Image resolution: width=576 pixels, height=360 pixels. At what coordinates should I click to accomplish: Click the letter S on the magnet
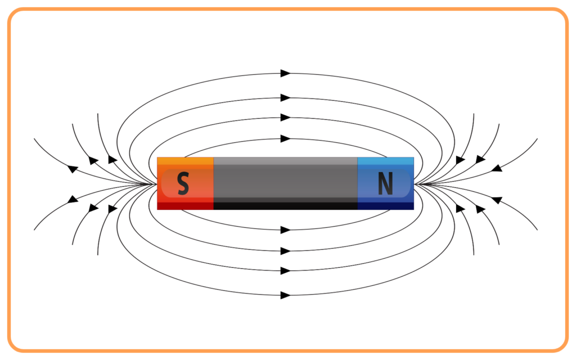pos(183,183)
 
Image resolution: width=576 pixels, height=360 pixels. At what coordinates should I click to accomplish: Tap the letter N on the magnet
pos(385,183)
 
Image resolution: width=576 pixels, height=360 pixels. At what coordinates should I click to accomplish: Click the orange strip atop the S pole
pos(185,161)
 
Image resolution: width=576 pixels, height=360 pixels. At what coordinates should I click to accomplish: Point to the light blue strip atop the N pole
pos(385,161)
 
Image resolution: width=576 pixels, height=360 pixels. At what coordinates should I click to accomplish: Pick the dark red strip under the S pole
pos(185,206)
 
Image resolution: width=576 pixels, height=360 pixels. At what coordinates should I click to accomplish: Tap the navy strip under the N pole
pos(385,206)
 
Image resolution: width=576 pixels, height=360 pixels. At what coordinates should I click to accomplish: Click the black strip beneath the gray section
pos(285,206)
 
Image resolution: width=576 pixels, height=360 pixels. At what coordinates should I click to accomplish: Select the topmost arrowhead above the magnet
pos(285,73)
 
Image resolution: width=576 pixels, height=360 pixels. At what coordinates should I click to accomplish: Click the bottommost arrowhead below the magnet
pos(285,295)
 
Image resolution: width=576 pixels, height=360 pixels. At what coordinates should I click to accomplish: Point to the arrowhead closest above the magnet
pos(285,138)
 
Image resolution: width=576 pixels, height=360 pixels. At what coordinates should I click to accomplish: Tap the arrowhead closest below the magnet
pos(285,230)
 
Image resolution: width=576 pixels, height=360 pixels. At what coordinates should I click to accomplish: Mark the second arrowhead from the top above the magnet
pos(285,98)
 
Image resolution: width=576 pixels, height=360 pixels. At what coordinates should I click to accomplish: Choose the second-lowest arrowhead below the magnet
pos(285,271)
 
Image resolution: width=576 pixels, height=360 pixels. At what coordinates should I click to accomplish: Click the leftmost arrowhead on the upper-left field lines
pos(73,169)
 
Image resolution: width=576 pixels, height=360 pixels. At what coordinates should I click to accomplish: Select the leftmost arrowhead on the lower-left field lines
pos(73,200)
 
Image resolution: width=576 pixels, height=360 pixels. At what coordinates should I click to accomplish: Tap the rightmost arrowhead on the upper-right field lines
pos(497,168)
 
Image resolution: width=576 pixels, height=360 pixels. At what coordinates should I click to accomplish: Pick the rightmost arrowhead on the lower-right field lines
pos(497,200)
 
